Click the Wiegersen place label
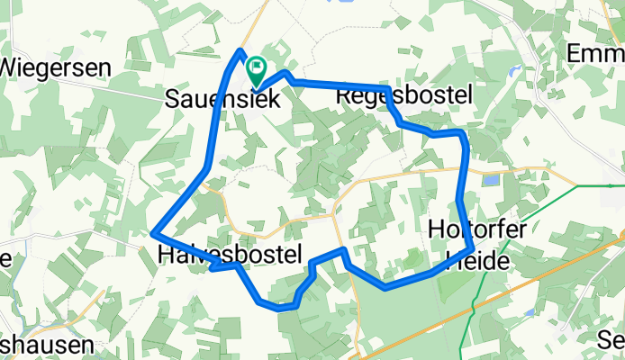point(56,67)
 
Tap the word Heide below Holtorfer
point(482,260)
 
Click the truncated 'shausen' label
point(45,345)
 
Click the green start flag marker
point(257,67)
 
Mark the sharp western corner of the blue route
point(154,234)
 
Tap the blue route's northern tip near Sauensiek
point(240,50)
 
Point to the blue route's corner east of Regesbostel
point(463,133)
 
